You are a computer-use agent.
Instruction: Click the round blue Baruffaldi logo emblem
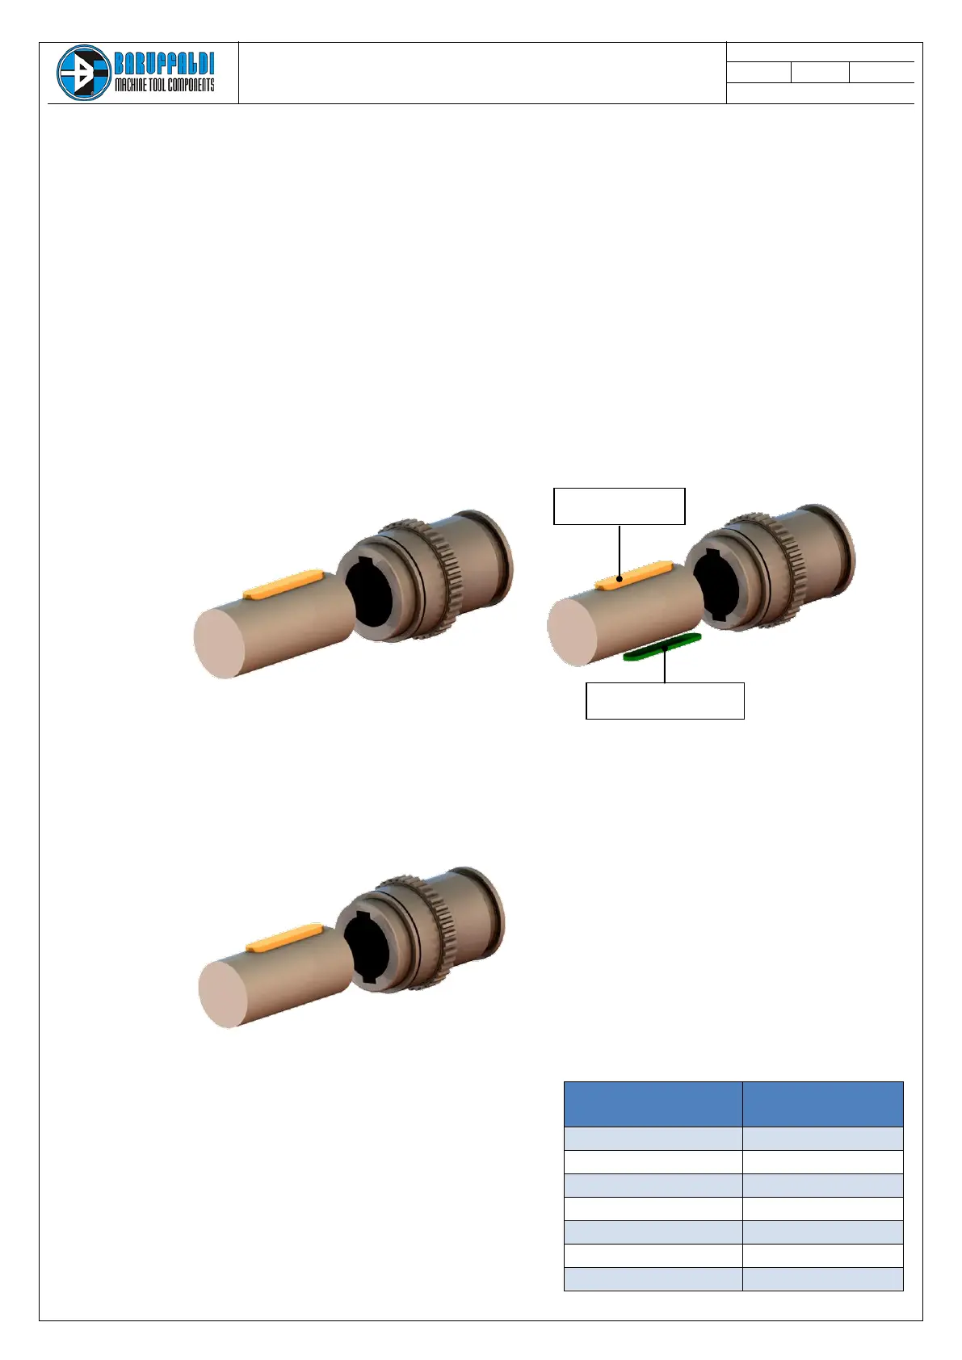tap(84, 73)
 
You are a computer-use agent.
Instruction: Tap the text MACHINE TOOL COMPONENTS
tap(165, 85)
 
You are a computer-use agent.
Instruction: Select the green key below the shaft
tap(662, 647)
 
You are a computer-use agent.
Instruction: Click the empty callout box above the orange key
tap(619, 506)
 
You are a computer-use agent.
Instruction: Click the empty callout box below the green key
tap(665, 701)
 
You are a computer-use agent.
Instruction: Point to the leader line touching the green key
tap(665, 665)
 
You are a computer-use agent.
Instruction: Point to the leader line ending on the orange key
tap(619, 552)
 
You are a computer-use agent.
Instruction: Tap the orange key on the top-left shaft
tap(283, 584)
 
